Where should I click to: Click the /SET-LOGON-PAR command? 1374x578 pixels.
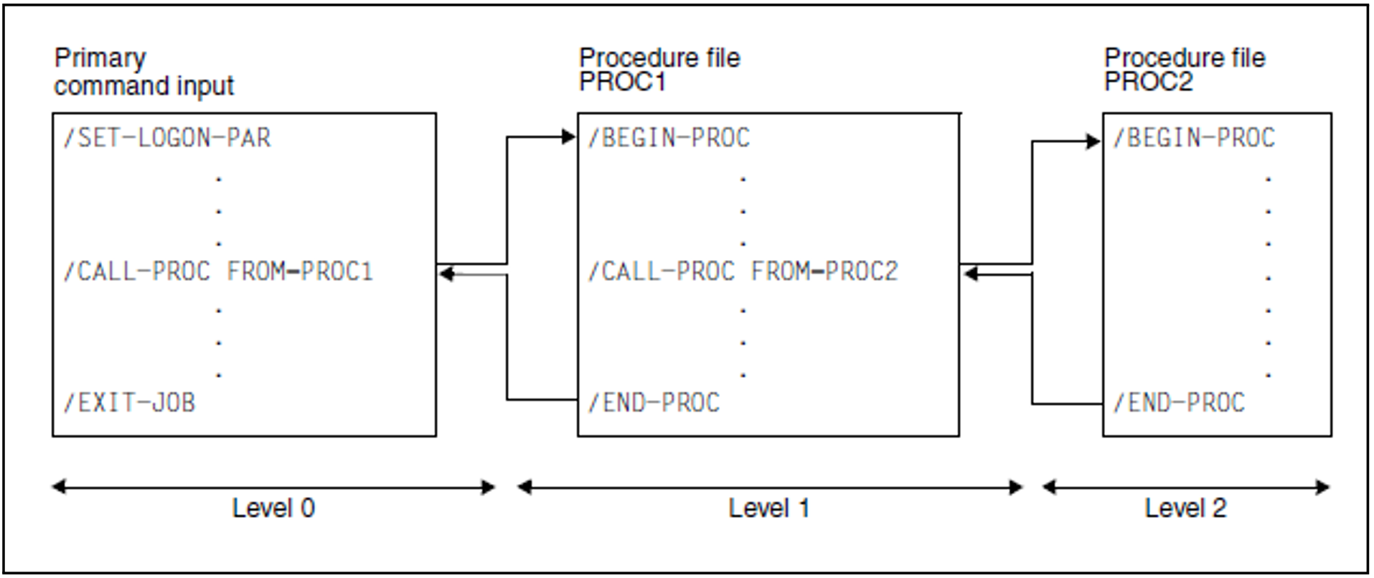tap(167, 137)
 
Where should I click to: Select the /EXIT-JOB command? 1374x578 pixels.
tap(129, 403)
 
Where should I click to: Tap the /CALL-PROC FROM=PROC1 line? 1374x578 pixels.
tap(218, 271)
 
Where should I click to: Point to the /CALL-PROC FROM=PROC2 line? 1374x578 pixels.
tap(743, 271)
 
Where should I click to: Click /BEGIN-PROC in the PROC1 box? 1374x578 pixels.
tap(669, 137)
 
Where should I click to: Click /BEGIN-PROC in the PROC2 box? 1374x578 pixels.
tap(1194, 137)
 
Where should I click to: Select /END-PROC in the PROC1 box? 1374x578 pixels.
tap(654, 403)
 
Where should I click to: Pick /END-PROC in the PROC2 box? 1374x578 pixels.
tap(1179, 403)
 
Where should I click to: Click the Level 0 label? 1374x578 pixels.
tap(273, 508)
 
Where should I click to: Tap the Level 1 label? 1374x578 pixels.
tap(769, 508)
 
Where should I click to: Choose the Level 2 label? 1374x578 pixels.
tap(1185, 508)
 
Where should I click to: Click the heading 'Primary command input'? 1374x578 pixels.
tap(143, 72)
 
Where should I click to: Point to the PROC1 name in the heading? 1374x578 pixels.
tap(622, 83)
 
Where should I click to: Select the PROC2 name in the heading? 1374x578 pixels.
tap(1148, 83)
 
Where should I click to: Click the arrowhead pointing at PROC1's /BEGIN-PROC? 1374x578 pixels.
tap(569, 136)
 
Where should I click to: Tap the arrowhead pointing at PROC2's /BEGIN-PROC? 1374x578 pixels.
tap(1093, 141)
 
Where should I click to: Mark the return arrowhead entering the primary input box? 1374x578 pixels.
tap(446, 274)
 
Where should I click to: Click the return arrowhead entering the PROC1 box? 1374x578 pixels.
tap(970, 274)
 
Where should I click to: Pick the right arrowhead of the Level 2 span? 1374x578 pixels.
tap(1324, 488)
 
